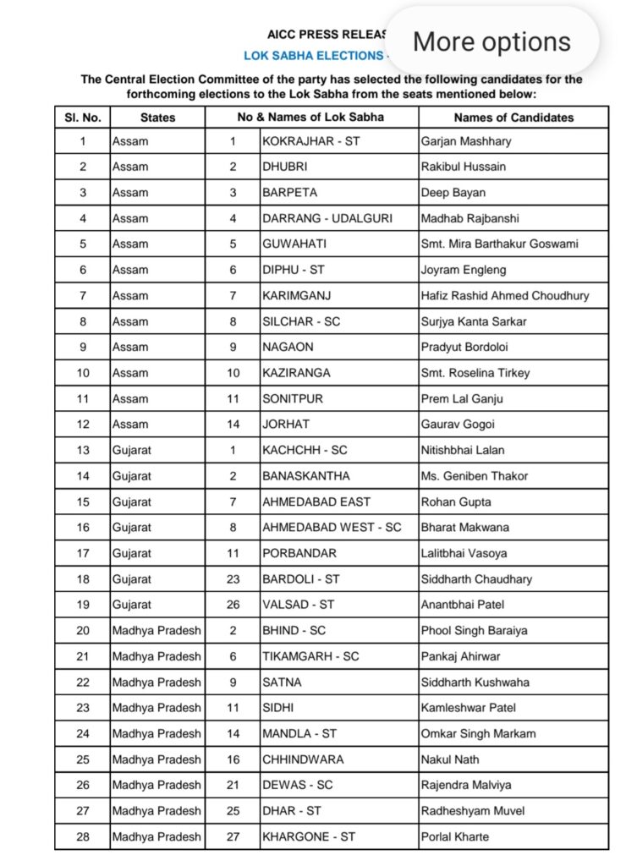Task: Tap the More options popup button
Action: coord(491,41)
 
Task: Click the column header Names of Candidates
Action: coord(513,118)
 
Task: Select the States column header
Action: coord(157,118)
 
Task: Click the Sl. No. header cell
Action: coord(83,118)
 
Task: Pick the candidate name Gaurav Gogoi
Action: coord(458,424)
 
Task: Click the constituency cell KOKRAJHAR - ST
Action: coord(310,140)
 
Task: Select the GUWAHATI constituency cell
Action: coord(295,244)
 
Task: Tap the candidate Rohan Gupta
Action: coord(456,502)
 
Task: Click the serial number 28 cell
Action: coord(83,836)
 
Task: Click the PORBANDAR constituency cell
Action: coord(299,553)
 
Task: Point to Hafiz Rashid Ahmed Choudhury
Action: coord(505,295)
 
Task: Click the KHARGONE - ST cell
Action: coord(308,836)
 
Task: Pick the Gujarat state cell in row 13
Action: coord(132,450)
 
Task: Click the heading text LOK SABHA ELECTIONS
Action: coord(313,56)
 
